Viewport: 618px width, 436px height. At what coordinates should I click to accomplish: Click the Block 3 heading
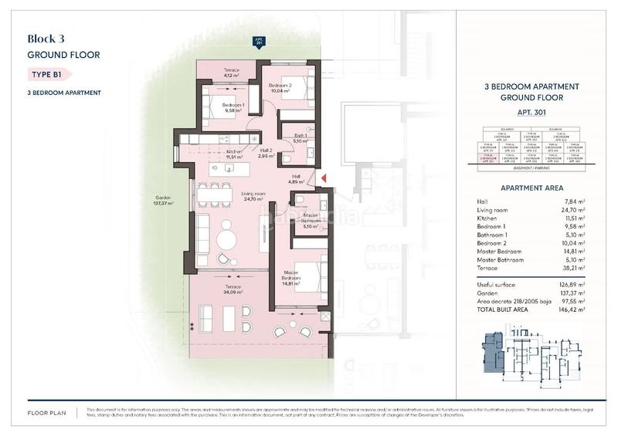[46, 39]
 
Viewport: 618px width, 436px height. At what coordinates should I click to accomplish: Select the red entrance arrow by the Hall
[324, 179]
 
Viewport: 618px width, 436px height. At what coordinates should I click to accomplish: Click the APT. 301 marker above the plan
[258, 43]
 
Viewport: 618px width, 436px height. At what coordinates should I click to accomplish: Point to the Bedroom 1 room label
[233, 107]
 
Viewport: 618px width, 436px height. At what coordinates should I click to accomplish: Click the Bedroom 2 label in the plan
[280, 87]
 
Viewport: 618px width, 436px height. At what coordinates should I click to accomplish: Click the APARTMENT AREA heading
[532, 188]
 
